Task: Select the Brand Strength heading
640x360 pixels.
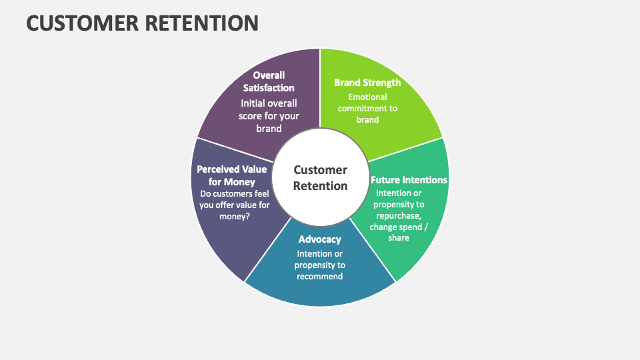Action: pyautogui.click(x=367, y=83)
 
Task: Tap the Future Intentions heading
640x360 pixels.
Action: pyautogui.click(x=409, y=180)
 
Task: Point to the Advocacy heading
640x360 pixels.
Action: pyautogui.click(x=320, y=239)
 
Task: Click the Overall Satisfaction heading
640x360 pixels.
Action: pyautogui.click(x=269, y=81)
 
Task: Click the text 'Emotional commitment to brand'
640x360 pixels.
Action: pyautogui.click(x=367, y=108)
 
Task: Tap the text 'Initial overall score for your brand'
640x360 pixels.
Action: pyautogui.click(x=269, y=115)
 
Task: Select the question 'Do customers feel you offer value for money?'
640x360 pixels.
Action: pyautogui.click(x=235, y=205)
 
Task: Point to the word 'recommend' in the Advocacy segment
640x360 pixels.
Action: pyautogui.click(x=320, y=276)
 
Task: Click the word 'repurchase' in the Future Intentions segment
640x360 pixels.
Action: pyautogui.click(x=398, y=215)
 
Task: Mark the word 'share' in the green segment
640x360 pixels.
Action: pyautogui.click(x=399, y=237)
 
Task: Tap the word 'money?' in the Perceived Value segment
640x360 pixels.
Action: pyautogui.click(x=235, y=217)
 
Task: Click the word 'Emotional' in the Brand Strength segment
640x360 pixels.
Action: pyautogui.click(x=367, y=97)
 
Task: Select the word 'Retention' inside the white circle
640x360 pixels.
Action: pyautogui.click(x=320, y=186)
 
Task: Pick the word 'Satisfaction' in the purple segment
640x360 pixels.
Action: pyautogui.click(x=269, y=87)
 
